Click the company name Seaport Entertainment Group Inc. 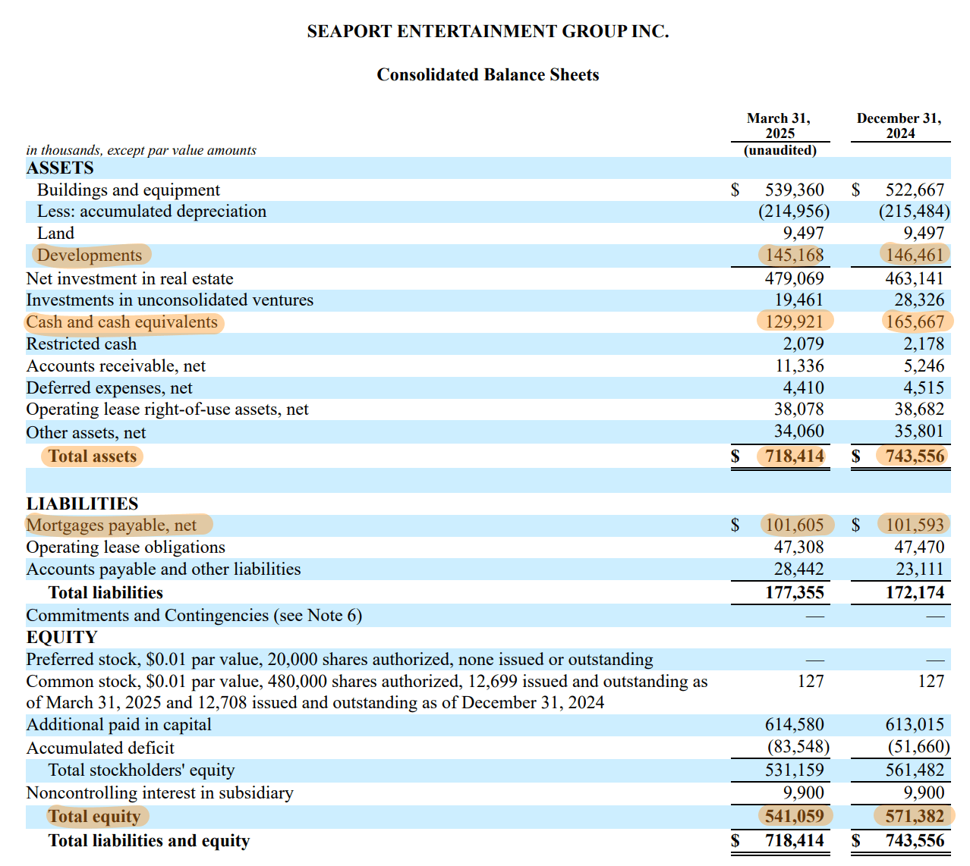point(487,31)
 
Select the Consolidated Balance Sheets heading point(487,74)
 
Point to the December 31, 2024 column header point(899,126)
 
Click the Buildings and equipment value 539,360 point(794,190)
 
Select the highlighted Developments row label point(90,255)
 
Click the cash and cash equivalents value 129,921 point(794,322)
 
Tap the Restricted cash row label point(81,344)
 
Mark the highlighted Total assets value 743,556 point(915,456)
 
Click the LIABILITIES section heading point(82,504)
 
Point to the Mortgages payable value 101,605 point(794,525)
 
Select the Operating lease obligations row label point(125,547)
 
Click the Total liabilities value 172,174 point(915,592)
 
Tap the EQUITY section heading point(61,637)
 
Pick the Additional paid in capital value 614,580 point(794,724)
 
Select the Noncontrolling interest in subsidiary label point(159,792)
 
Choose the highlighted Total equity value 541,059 point(794,816)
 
